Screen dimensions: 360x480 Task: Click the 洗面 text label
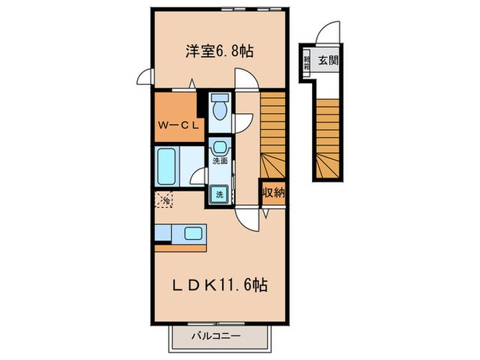tap(219, 162)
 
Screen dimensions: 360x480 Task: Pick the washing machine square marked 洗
tap(220, 194)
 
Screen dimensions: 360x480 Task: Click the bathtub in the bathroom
tap(167, 165)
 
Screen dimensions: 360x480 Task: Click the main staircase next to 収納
tap(272, 134)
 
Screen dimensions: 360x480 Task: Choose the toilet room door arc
tap(243, 79)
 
